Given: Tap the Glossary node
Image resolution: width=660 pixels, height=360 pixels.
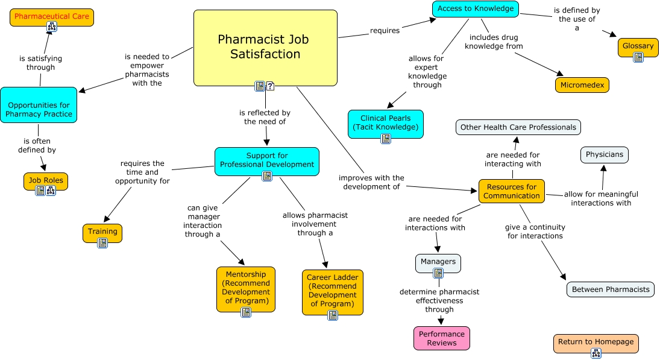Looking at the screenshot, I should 638,46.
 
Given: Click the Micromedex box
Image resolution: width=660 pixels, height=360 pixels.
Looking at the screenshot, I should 582,85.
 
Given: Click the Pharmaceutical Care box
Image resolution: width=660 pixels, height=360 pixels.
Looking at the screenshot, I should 52,16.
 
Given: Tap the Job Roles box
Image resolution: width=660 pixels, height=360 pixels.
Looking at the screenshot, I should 46,180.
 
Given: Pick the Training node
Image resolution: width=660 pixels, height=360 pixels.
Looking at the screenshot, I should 102,232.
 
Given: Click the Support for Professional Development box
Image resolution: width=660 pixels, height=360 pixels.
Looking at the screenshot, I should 267,160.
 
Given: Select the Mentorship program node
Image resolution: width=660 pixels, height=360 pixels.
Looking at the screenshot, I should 245,288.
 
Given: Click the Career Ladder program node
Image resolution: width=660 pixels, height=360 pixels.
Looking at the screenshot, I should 333,291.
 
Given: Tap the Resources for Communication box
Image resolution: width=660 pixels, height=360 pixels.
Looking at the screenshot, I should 512,191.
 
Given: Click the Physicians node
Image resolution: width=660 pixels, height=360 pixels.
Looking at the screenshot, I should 604,154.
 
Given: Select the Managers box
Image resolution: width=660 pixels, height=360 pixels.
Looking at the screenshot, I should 438,262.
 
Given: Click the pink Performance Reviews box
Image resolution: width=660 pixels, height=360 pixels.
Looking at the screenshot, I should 442,338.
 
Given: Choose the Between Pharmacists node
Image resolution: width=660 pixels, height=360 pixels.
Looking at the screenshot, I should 611,289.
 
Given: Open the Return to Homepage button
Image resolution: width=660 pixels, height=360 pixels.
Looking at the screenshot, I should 596,342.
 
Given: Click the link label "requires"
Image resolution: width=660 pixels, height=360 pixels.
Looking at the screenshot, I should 385,30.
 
